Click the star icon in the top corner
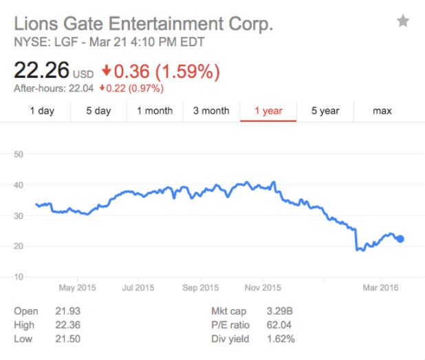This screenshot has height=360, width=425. pos(403,21)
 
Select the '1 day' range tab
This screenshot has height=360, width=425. pos(42,111)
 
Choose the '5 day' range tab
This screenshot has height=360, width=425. pos(98,111)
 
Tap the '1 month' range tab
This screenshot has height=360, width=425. pos(155,111)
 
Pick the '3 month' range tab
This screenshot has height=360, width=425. pos(211,111)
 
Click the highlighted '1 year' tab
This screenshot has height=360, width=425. pos(268,111)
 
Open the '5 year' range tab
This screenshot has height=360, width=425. pos(325,111)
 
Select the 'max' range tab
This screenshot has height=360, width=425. pos(382,111)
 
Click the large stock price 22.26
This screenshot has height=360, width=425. pos(41,71)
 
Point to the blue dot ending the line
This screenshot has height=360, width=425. pos(400,239)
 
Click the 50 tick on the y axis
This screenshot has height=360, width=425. pos(19,154)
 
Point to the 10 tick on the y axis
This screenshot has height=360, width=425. pos(19,277)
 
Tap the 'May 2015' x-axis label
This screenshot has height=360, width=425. pos(78,288)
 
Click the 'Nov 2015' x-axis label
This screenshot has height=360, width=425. pos(262,288)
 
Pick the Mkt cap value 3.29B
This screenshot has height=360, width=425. pos(280,311)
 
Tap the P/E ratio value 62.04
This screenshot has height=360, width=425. pos(280,325)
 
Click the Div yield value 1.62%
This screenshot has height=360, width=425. pos(281,339)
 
